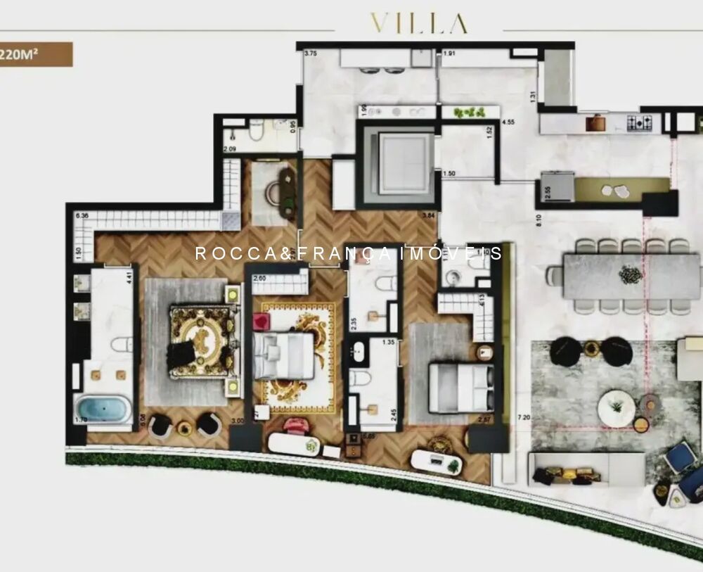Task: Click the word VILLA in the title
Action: click(x=419, y=24)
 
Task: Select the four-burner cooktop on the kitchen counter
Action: click(x=639, y=122)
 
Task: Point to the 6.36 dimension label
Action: click(x=82, y=215)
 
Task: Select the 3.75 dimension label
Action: click(x=311, y=52)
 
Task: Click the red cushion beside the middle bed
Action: click(x=261, y=322)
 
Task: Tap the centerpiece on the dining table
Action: click(x=631, y=275)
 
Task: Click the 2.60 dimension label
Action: click(x=259, y=278)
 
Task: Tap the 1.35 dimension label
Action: click(x=387, y=343)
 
